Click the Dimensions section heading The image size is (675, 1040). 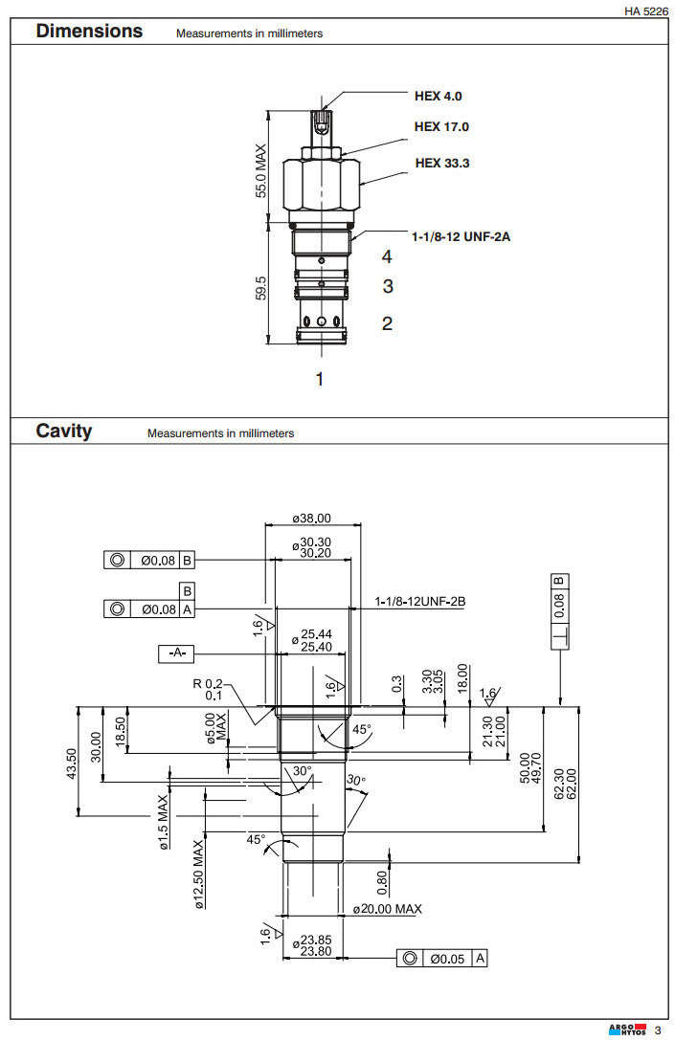89,32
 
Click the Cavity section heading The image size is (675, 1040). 64,431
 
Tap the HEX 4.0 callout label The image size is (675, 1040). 439,96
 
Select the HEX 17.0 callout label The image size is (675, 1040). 441,126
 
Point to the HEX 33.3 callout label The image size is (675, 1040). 442,163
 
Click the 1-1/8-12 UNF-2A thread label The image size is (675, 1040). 461,235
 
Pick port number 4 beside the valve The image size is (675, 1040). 387,256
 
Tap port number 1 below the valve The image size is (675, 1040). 320,379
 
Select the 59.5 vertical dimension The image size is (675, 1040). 260,286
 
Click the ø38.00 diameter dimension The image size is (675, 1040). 311,519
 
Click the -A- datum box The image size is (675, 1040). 176,653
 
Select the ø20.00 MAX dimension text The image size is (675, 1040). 387,909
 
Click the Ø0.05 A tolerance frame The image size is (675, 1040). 444,958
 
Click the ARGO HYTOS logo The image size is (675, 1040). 627,1029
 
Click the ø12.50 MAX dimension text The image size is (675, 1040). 199,873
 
